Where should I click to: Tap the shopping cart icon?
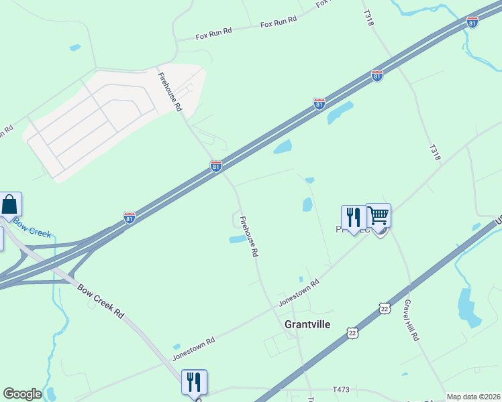[x=379, y=216]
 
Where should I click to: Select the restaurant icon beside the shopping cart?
[x=354, y=217]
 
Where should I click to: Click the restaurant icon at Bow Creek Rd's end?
[x=194, y=381]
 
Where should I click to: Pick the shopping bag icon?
[x=10, y=204]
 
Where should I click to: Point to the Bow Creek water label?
[x=31, y=228]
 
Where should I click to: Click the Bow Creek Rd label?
[x=101, y=302]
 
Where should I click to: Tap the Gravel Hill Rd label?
[x=411, y=320]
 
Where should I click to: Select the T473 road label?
[x=342, y=389]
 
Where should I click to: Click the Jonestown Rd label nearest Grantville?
[x=299, y=293]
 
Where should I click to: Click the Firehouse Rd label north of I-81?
[x=170, y=92]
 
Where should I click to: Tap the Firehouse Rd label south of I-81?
[x=249, y=237]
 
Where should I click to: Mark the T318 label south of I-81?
[x=434, y=153]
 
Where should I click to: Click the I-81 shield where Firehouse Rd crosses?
[x=215, y=165]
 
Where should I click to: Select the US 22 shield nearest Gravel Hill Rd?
[x=384, y=308]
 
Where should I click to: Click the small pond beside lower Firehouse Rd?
[x=238, y=239]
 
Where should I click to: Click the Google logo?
[x=22, y=394]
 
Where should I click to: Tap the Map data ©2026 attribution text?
[x=473, y=397]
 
